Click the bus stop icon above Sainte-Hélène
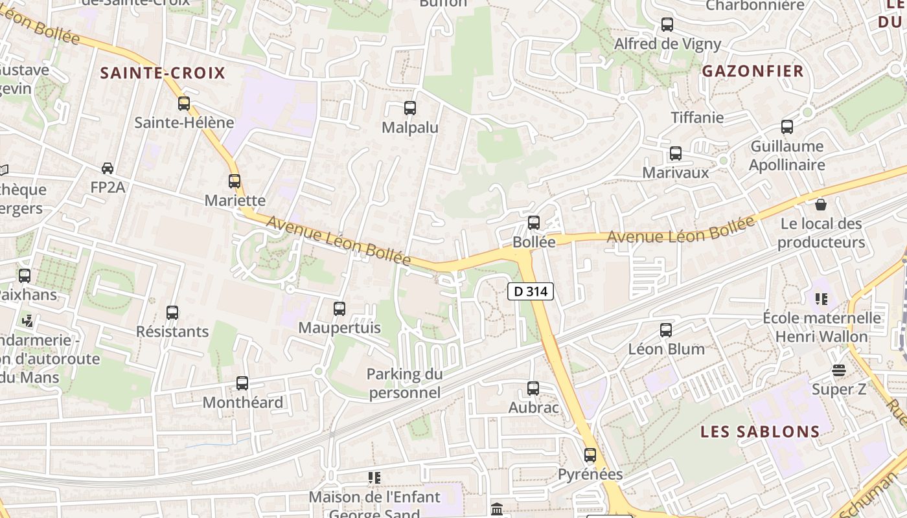[184, 103]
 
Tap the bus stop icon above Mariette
[235, 181]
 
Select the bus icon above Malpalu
[409, 108]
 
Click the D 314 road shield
[530, 291]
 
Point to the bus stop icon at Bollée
[534, 223]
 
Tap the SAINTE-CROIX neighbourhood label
[163, 73]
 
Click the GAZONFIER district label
[753, 71]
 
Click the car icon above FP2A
[108, 168]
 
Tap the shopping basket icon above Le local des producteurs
[821, 205]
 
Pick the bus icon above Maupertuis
[339, 309]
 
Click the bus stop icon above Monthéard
[242, 383]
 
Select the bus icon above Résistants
[172, 313]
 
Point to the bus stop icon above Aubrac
[533, 388]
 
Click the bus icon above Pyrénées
[590, 455]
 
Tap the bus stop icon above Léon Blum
[666, 330]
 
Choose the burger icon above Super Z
[839, 370]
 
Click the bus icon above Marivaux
[676, 153]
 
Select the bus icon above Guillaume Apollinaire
[787, 127]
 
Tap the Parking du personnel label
[405, 383]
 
